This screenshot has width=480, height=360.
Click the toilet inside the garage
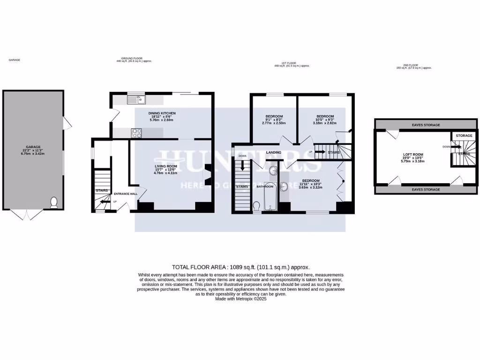click(x=53, y=202)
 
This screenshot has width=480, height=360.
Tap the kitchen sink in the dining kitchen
click(x=136, y=99)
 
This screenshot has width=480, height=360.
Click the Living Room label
click(x=166, y=166)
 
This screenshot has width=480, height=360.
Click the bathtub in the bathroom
click(x=270, y=196)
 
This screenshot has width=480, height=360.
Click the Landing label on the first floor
click(x=273, y=152)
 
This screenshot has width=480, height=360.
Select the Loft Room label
click(x=413, y=154)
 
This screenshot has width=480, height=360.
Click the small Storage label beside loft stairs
click(x=464, y=135)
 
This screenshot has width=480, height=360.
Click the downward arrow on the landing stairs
click(x=242, y=165)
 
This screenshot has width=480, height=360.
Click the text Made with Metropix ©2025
click(x=240, y=299)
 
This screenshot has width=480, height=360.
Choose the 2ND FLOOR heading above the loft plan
click(x=406, y=66)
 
